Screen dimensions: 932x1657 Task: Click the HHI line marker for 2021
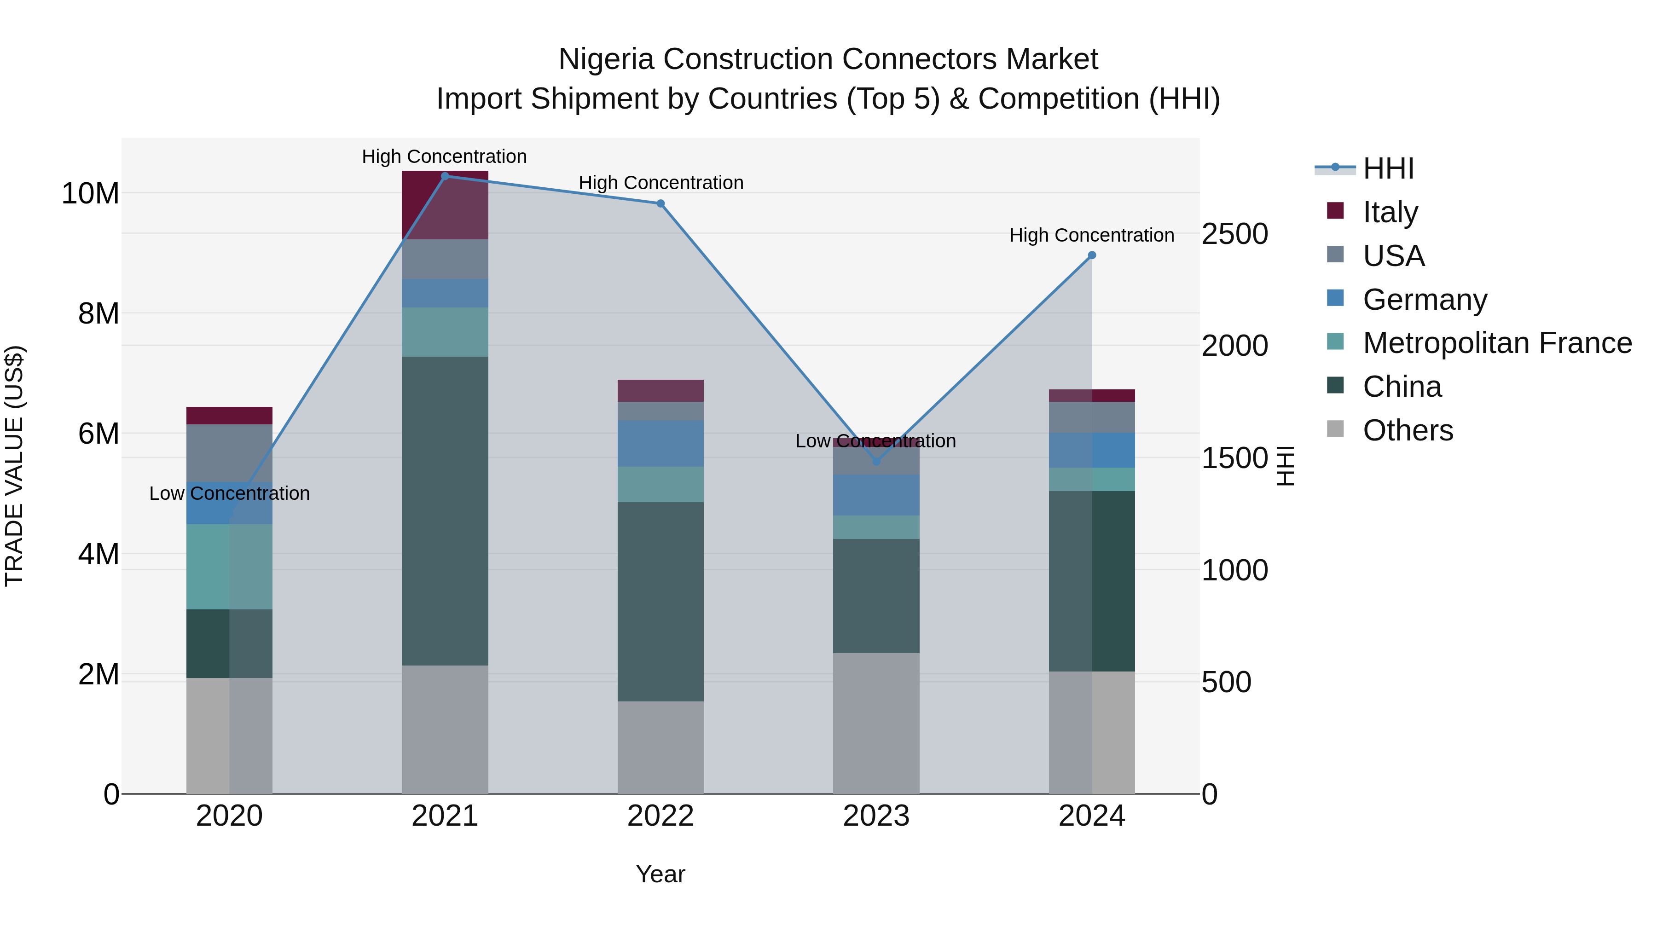[445, 176]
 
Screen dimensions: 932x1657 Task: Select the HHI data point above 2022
[660, 204]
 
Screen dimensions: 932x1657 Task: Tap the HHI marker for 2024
[1092, 255]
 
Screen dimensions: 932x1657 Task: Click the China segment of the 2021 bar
[445, 511]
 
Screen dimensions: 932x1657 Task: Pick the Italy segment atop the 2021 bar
[445, 204]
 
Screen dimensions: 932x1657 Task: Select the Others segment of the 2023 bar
[876, 724]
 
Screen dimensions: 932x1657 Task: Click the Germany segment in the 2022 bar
[660, 443]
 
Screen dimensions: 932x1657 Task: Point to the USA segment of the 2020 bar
[230, 453]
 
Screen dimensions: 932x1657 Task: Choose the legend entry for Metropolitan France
[1497, 343]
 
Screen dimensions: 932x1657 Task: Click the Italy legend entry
[1390, 212]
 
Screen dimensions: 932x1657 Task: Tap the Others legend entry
[1408, 430]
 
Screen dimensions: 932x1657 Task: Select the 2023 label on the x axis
[876, 816]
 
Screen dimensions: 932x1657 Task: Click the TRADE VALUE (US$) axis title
[15, 466]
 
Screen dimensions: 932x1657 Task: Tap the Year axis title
[660, 874]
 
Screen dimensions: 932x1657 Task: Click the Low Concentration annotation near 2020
[230, 493]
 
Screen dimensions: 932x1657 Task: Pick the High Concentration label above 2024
[1092, 235]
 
